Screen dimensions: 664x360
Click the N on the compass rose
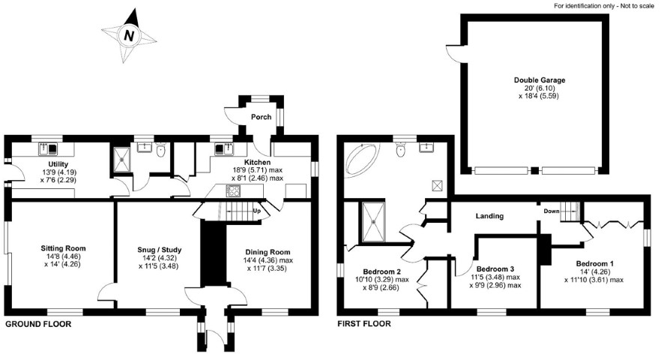click(x=129, y=35)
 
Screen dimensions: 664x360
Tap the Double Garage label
click(x=540, y=79)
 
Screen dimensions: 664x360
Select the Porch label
click(x=261, y=117)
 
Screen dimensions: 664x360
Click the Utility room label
click(x=58, y=164)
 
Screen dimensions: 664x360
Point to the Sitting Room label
click(x=63, y=248)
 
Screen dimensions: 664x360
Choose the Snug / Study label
click(x=159, y=250)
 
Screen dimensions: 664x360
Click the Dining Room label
click(x=268, y=252)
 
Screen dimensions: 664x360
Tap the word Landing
click(x=489, y=216)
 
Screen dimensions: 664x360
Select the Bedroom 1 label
click(x=594, y=264)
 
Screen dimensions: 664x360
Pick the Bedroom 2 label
click(x=382, y=271)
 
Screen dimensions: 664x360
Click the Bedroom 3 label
click(x=495, y=269)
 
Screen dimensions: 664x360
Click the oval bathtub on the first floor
click(x=363, y=160)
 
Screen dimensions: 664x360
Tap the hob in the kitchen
click(x=234, y=191)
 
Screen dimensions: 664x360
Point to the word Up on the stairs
click(x=256, y=211)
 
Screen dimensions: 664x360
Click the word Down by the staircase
click(x=552, y=211)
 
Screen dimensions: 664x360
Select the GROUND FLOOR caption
click(x=38, y=325)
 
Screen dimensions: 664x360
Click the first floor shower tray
click(x=373, y=222)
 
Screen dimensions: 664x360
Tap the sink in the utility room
click(x=48, y=148)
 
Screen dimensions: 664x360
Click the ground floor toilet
click(x=160, y=150)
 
